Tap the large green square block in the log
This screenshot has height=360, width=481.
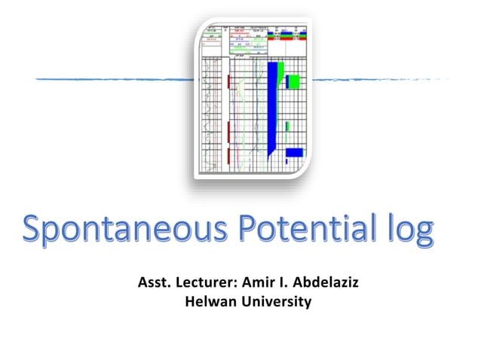pyautogui.click(x=293, y=81)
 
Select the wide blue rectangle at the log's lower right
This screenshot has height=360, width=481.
pyautogui.click(x=294, y=152)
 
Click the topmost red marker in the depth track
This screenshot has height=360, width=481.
pyautogui.click(x=228, y=81)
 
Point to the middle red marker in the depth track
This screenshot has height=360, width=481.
pyautogui.click(x=228, y=134)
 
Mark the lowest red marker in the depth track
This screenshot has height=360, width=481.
pyautogui.click(x=228, y=156)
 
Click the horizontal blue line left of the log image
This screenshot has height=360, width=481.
pyautogui.click(x=113, y=78)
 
